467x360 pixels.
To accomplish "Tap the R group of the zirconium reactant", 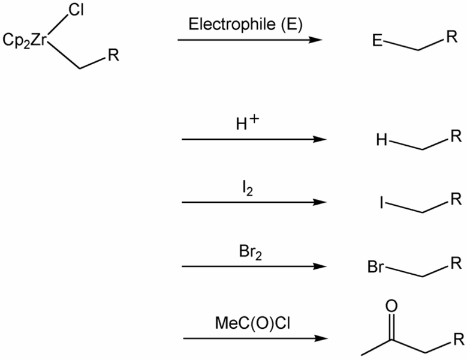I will (113, 58).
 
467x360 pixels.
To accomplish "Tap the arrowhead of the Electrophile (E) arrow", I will (316, 40).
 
